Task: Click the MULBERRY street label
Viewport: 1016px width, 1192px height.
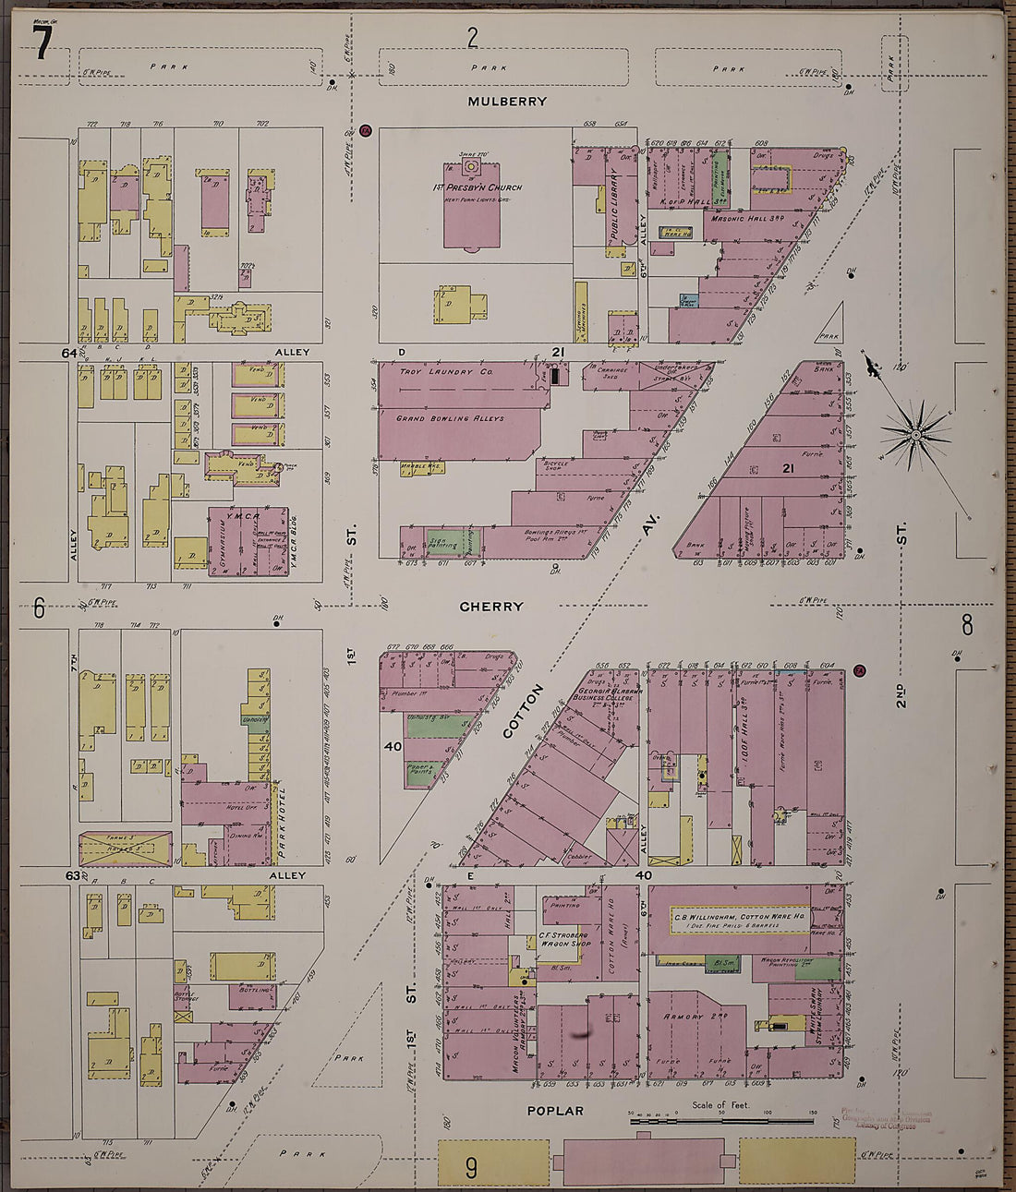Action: (x=506, y=102)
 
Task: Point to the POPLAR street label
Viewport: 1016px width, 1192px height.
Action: (x=555, y=1111)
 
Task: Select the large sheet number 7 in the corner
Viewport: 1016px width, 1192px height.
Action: (x=42, y=43)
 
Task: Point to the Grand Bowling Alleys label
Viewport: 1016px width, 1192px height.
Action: (x=450, y=418)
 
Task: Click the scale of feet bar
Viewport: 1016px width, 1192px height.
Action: (x=721, y=1120)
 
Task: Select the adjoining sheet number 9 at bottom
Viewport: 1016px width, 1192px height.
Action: (x=471, y=1168)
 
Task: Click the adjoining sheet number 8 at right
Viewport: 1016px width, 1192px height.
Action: (x=967, y=625)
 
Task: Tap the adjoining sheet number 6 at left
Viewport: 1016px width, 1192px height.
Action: (x=39, y=608)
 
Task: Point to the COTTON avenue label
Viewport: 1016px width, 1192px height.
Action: (x=520, y=711)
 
